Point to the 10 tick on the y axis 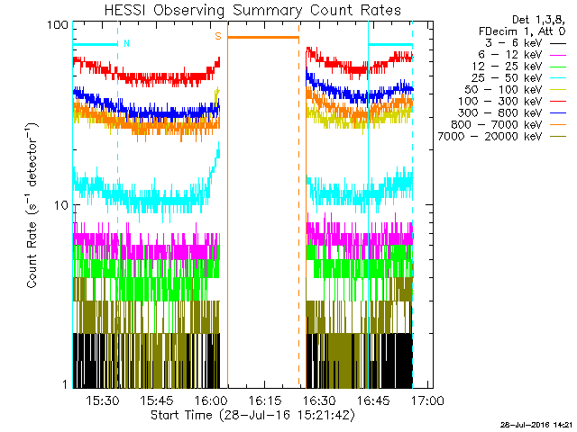[x=62, y=204]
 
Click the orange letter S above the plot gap [x=217, y=37]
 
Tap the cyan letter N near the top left [x=126, y=42]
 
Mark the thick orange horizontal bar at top [x=262, y=37]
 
